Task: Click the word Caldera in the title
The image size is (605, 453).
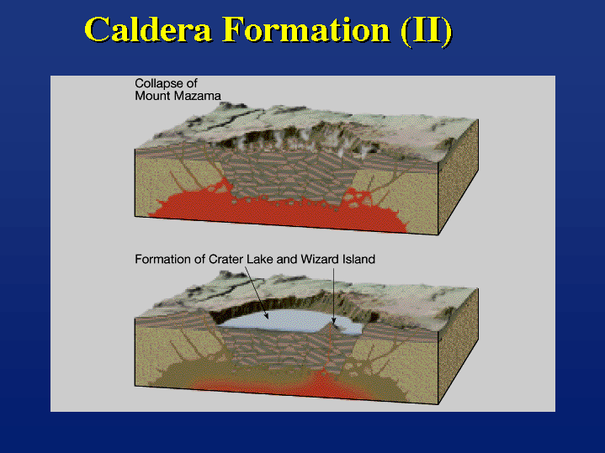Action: click(148, 29)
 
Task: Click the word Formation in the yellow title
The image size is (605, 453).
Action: click(306, 29)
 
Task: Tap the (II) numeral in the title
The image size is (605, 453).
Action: click(427, 31)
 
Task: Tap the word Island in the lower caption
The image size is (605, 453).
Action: click(358, 259)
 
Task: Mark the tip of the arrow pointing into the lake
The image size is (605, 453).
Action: click(268, 319)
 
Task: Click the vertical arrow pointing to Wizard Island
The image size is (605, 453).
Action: click(334, 295)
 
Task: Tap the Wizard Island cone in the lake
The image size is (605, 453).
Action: click(332, 327)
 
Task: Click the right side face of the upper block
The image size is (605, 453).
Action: click(459, 177)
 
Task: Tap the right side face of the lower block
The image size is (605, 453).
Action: click(459, 346)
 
